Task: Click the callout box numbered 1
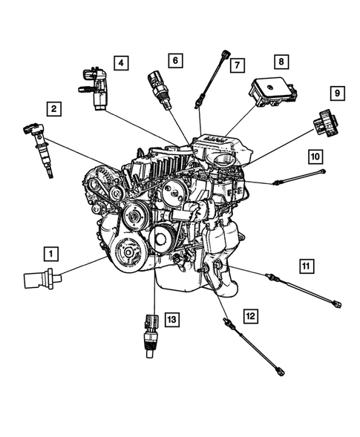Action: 50,253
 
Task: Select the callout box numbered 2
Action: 53,110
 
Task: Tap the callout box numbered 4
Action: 120,63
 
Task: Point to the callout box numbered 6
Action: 175,59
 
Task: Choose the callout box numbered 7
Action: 237,65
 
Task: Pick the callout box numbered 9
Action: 336,93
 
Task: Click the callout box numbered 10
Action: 315,157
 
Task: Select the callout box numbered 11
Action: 306,264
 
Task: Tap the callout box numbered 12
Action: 250,316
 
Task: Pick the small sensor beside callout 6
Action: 159,85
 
